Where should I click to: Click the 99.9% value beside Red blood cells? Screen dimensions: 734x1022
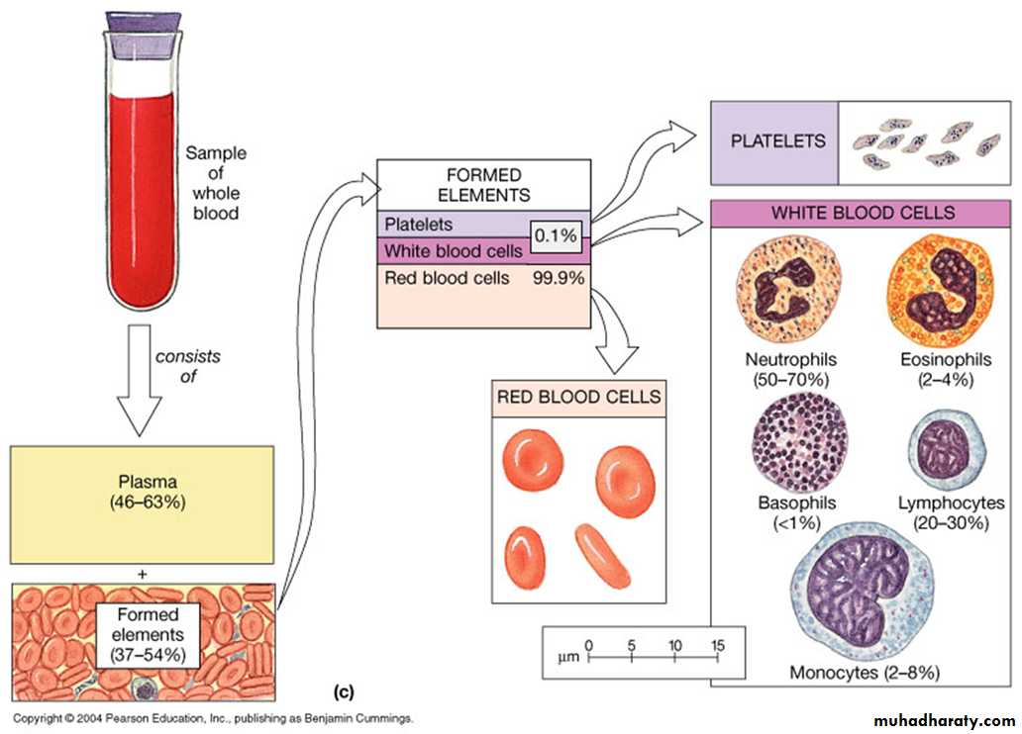coord(559,279)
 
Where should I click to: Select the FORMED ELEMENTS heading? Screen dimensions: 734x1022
coord(483,185)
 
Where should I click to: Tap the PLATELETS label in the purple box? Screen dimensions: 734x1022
coord(777,140)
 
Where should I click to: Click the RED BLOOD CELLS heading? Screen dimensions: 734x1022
coord(579,398)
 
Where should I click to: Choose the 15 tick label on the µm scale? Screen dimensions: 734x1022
coord(717,645)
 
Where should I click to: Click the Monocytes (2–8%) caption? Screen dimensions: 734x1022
coord(865,673)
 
